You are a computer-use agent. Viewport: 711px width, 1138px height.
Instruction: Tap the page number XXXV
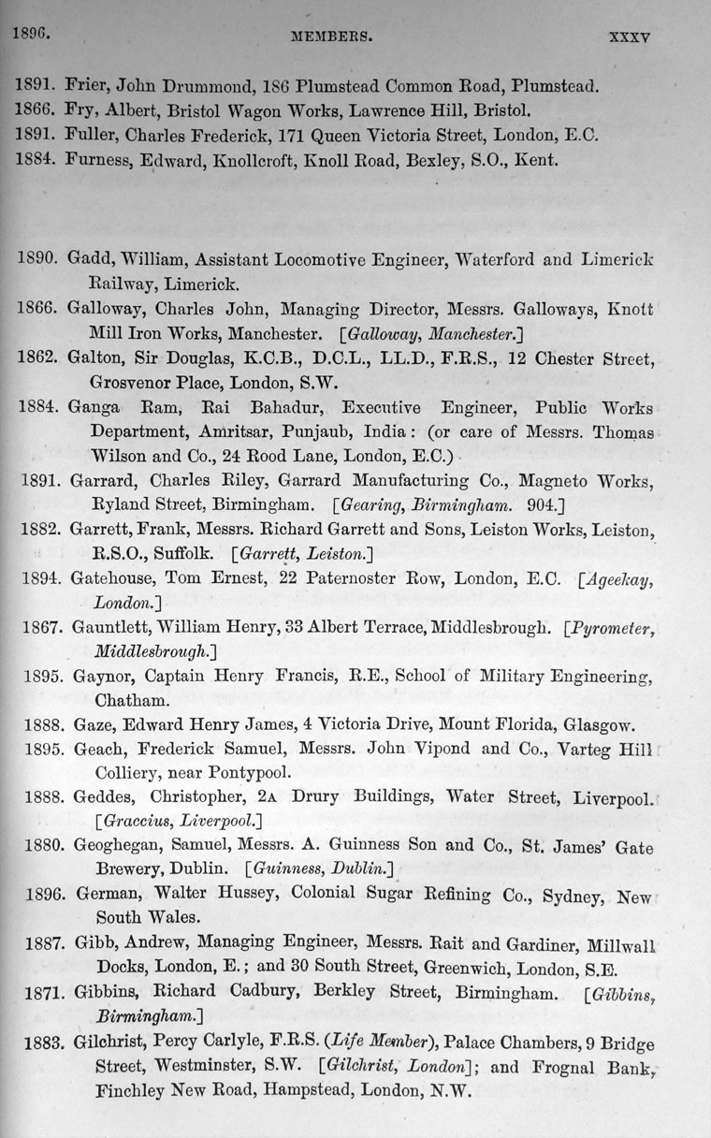click(x=629, y=39)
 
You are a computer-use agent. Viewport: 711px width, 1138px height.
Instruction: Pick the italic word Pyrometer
click(x=612, y=627)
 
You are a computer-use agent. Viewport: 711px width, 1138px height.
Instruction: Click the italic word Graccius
click(x=138, y=822)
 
